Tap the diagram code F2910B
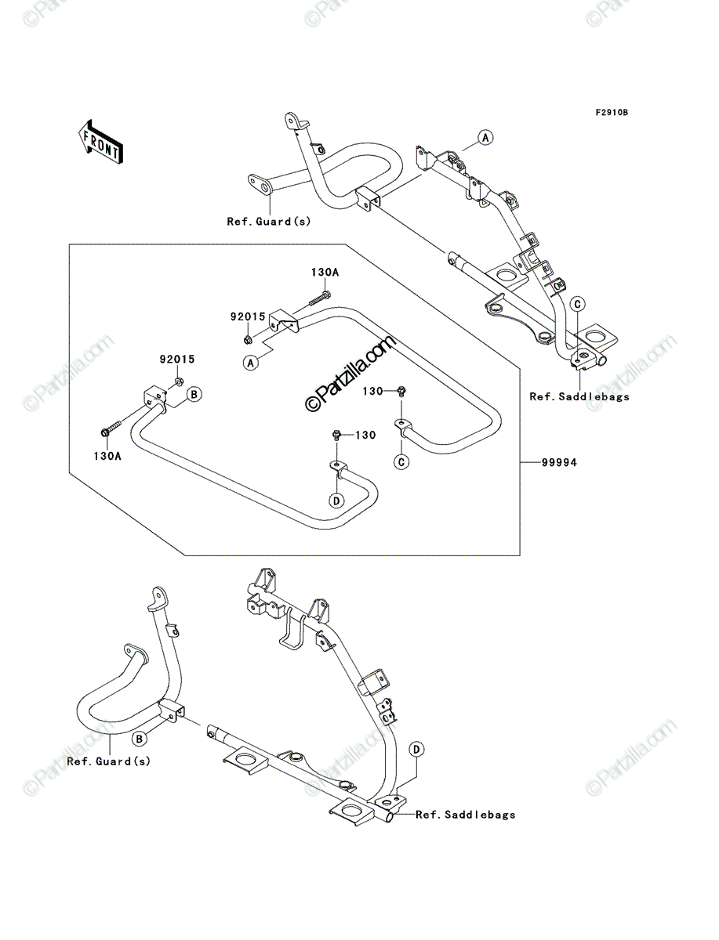coord(612,113)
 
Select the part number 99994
coord(559,462)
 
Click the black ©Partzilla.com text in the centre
coord(350,374)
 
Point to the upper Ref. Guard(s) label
coord(269,222)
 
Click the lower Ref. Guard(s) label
coord(109,761)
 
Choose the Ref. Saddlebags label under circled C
coord(579,396)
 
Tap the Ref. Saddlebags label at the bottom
coord(466,815)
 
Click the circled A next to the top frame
coord(485,138)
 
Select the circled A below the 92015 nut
coord(251,363)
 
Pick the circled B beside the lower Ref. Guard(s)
coord(140,739)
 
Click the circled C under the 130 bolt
coord(401,461)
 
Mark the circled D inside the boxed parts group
coord(336,501)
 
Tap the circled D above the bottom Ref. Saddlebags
coord(416,750)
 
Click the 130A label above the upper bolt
coord(325,273)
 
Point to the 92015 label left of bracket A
coord(248,316)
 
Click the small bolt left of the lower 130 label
coord(337,436)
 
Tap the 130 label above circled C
coord(372,391)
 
